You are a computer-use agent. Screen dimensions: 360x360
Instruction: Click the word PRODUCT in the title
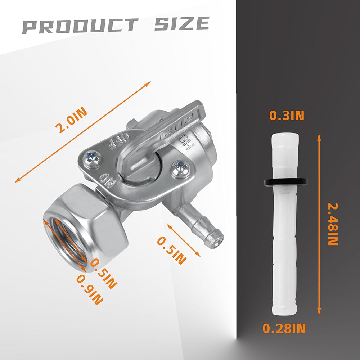tap(80, 25)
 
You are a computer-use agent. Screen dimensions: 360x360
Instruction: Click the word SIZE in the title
tap(182, 23)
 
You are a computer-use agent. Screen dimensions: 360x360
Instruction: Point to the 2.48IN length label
tap(333, 224)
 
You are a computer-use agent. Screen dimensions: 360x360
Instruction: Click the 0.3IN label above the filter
tap(287, 116)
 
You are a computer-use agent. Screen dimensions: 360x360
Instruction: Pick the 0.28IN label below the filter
tap(284, 328)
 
